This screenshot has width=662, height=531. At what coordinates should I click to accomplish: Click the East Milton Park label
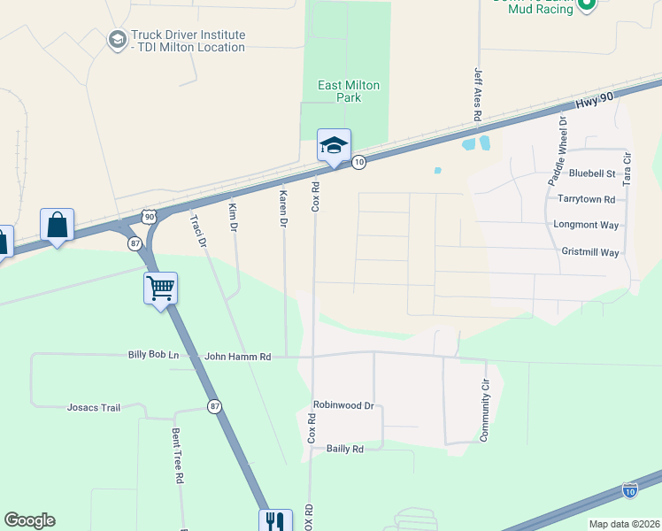349,91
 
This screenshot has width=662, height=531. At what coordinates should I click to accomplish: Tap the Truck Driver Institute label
187,41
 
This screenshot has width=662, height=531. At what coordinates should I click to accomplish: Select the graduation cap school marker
335,146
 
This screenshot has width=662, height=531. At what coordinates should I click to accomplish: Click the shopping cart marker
160,288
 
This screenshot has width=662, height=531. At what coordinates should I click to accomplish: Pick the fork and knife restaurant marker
275,522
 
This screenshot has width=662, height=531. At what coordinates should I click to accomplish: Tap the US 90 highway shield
149,216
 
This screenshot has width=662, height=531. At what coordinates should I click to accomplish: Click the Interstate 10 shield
629,489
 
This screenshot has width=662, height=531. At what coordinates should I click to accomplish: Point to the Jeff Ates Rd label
478,95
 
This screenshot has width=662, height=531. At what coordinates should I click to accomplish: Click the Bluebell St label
592,173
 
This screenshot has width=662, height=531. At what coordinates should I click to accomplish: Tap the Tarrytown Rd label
586,199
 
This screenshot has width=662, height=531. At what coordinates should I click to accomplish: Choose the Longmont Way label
586,225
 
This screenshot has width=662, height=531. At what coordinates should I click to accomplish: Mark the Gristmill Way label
590,252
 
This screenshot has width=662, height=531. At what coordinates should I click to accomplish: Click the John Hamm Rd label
237,356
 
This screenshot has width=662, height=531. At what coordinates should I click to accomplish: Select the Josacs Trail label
93,408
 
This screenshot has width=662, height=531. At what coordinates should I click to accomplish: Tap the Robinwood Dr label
344,405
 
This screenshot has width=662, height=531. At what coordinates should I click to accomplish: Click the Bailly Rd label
345,450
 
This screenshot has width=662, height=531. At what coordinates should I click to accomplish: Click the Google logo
29,520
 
